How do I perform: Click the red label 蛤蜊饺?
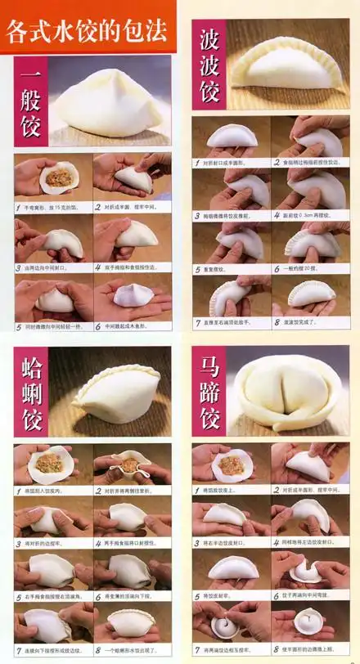pyautogui.click(x=30, y=392)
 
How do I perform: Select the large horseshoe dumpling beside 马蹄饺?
pyautogui.click(x=286, y=393)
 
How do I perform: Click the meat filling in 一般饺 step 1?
pyautogui.click(x=56, y=177)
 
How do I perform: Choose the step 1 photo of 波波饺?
pyautogui.click(x=232, y=136)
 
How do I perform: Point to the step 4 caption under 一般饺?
pyautogui.click(x=133, y=267)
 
